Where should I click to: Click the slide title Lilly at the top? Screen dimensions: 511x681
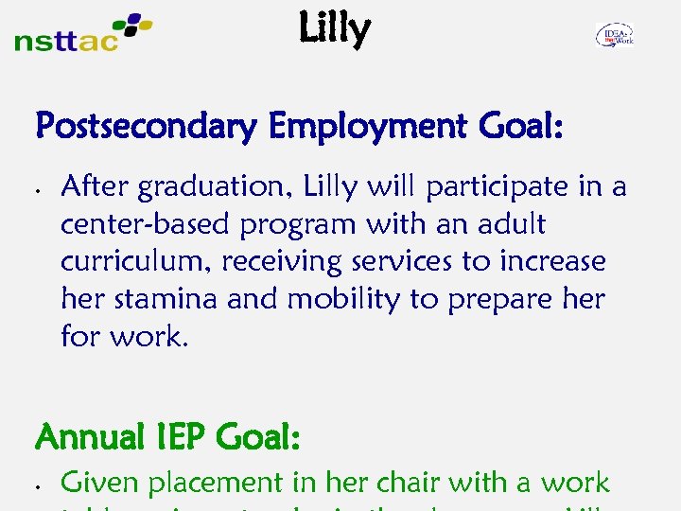click(x=334, y=30)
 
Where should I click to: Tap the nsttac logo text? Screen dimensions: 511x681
click(x=66, y=41)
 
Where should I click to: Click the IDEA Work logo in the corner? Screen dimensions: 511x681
click(x=615, y=36)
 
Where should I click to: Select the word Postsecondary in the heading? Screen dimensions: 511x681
click(x=145, y=127)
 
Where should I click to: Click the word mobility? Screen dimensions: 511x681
click(x=344, y=299)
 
